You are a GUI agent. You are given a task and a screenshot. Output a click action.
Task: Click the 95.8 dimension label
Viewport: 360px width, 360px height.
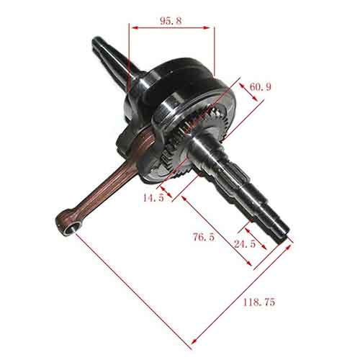[x=170, y=21]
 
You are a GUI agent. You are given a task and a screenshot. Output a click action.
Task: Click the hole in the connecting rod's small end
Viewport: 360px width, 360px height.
[x=70, y=228]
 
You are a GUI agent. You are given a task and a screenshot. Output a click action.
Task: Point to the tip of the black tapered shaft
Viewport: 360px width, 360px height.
[x=96, y=40]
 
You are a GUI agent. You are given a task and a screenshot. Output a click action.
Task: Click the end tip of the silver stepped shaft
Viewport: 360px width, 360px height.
[x=287, y=237]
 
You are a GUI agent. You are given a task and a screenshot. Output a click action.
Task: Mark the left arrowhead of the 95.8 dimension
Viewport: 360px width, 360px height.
[x=132, y=28]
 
